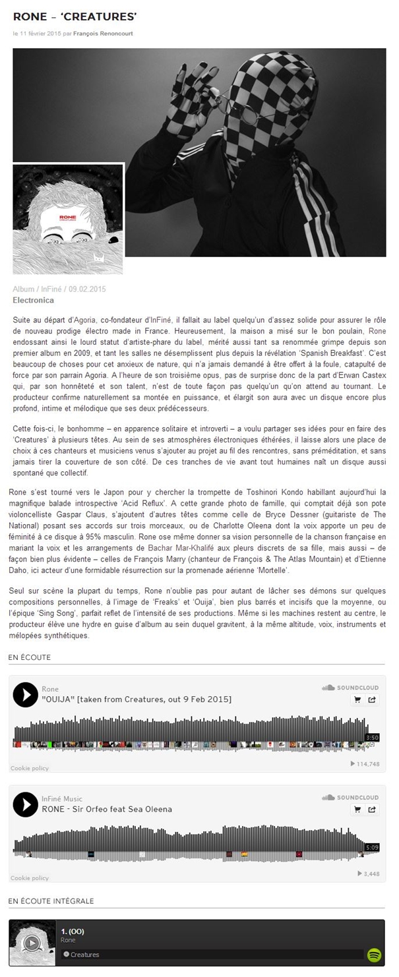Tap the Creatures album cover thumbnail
[x=68, y=218]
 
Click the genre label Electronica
[x=33, y=299]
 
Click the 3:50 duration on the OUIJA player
[x=372, y=737]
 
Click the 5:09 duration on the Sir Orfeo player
[x=372, y=846]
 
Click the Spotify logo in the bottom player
[x=375, y=954]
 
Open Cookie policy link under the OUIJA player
[x=30, y=768]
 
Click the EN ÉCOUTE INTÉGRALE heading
[x=51, y=901]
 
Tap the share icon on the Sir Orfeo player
[x=372, y=810]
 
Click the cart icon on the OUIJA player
[x=358, y=700]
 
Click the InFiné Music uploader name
[x=62, y=798]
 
